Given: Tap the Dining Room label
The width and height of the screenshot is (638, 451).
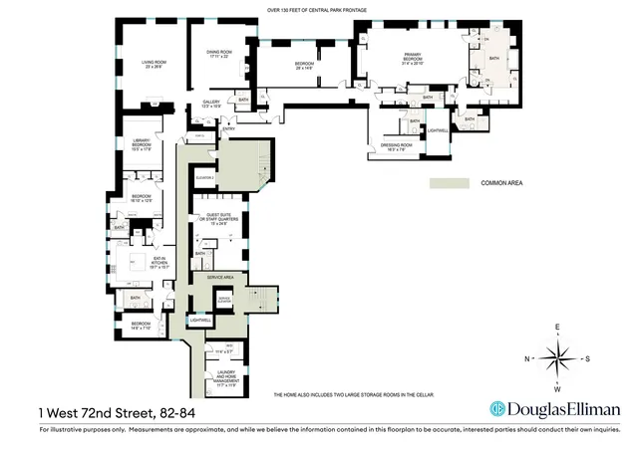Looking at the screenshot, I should point(219,54).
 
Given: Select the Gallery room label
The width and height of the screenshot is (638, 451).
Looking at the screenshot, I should point(211,103).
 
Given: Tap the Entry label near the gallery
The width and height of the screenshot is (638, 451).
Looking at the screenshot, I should point(229,129).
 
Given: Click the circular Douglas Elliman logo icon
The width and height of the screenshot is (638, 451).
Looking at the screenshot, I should point(496,409).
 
